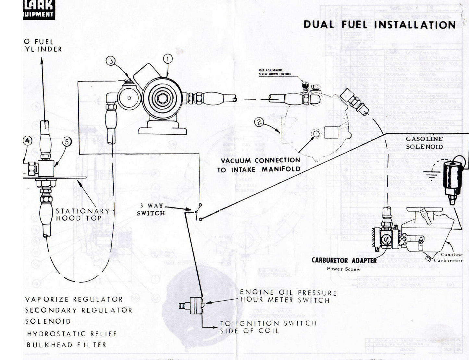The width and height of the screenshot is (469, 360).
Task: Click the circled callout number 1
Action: (168, 59)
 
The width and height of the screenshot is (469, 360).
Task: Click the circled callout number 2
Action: (259, 122)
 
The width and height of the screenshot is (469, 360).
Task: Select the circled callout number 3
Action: (111, 61)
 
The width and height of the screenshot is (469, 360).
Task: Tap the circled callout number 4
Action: (28, 141)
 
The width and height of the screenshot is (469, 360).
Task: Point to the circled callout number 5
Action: (67, 142)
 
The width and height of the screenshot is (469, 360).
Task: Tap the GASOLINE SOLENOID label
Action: (424, 143)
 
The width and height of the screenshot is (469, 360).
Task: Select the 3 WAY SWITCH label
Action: (151, 209)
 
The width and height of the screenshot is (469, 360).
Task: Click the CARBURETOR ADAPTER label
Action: (344, 260)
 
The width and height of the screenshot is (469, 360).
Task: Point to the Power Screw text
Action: (343, 269)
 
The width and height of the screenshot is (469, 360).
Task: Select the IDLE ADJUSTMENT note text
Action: (275, 72)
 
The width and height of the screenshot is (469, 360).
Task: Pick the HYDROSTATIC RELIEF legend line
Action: (72, 334)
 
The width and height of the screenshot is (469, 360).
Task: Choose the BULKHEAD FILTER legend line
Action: (67, 345)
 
